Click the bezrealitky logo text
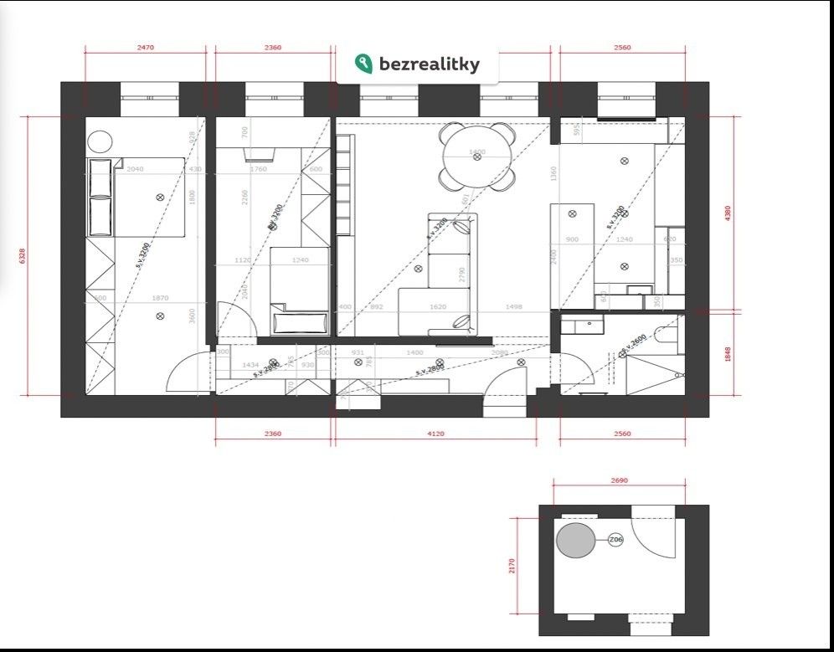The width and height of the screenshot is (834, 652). pyautogui.click(x=430, y=64)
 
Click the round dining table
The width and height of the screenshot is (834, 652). pyautogui.click(x=477, y=157)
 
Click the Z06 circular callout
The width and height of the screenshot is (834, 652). pyautogui.click(x=615, y=540)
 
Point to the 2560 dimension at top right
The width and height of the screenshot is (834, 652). pyautogui.click(x=622, y=48)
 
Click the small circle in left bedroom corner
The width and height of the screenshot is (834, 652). pyautogui.click(x=100, y=141)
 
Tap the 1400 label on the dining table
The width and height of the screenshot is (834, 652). pyautogui.click(x=477, y=152)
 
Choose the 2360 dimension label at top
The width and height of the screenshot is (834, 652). pyautogui.click(x=273, y=48)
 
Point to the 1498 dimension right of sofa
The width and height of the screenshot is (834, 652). pyautogui.click(x=513, y=307)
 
